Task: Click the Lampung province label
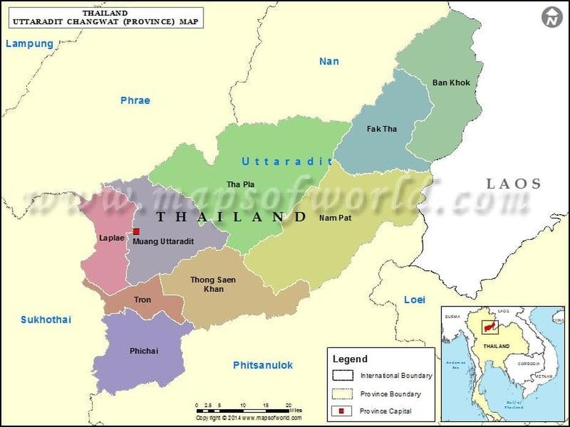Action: tap(29, 43)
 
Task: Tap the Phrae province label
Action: tap(135, 100)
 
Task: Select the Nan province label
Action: tap(329, 61)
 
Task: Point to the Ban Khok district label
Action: tap(451, 83)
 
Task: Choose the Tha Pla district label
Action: tap(240, 184)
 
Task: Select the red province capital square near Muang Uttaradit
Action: tap(136, 232)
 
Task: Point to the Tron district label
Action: tap(142, 299)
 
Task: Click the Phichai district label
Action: tap(144, 351)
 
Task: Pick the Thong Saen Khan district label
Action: tap(213, 284)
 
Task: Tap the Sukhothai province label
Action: tap(46, 319)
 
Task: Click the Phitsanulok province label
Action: tap(263, 365)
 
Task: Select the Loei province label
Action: tap(414, 299)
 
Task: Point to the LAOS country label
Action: tap(514, 184)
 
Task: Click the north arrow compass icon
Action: tap(552, 17)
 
